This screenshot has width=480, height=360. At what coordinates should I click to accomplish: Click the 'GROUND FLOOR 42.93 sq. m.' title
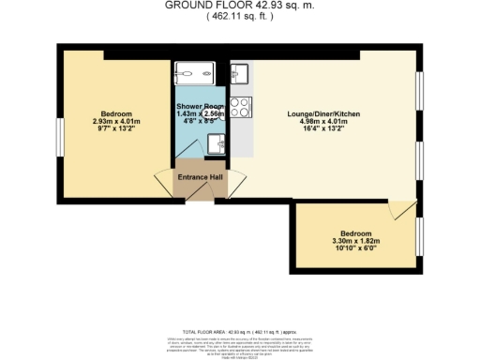coord(239,5)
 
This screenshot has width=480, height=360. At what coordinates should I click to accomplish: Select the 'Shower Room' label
coord(199,108)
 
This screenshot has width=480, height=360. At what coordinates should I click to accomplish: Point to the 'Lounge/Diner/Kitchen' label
coord(323,113)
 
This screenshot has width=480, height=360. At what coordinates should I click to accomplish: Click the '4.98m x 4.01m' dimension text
coord(323,121)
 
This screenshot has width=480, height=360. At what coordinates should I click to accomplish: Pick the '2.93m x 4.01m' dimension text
coord(116,121)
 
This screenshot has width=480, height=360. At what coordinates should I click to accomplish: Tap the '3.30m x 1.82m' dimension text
coord(356,240)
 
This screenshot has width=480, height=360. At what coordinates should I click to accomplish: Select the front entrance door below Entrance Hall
coord(199,194)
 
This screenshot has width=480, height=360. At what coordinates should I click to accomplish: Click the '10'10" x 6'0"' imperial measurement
coord(356,247)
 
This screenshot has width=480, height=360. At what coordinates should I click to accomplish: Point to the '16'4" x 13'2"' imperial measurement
coord(323,128)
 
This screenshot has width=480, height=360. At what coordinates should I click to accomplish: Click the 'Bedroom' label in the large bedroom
coord(116,113)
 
